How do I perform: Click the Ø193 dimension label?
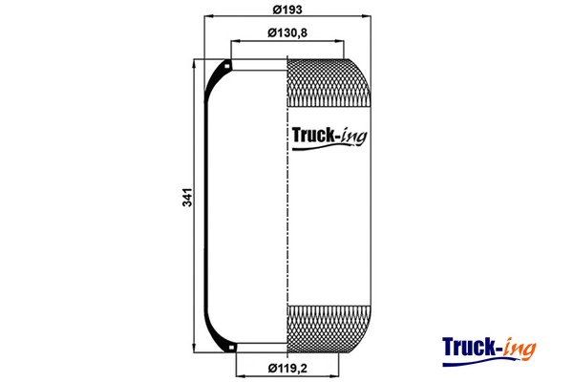(287, 10)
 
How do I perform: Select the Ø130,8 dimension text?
(287, 32)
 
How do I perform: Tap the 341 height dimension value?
(187, 198)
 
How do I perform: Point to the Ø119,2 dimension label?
(287, 368)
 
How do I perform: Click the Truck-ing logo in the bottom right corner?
(489, 350)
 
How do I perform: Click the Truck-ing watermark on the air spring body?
(329, 138)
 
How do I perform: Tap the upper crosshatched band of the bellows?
(329, 83)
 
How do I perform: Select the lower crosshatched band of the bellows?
(329, 329)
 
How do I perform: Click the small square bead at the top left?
(227, 67)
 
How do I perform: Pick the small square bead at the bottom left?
(231, 347)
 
